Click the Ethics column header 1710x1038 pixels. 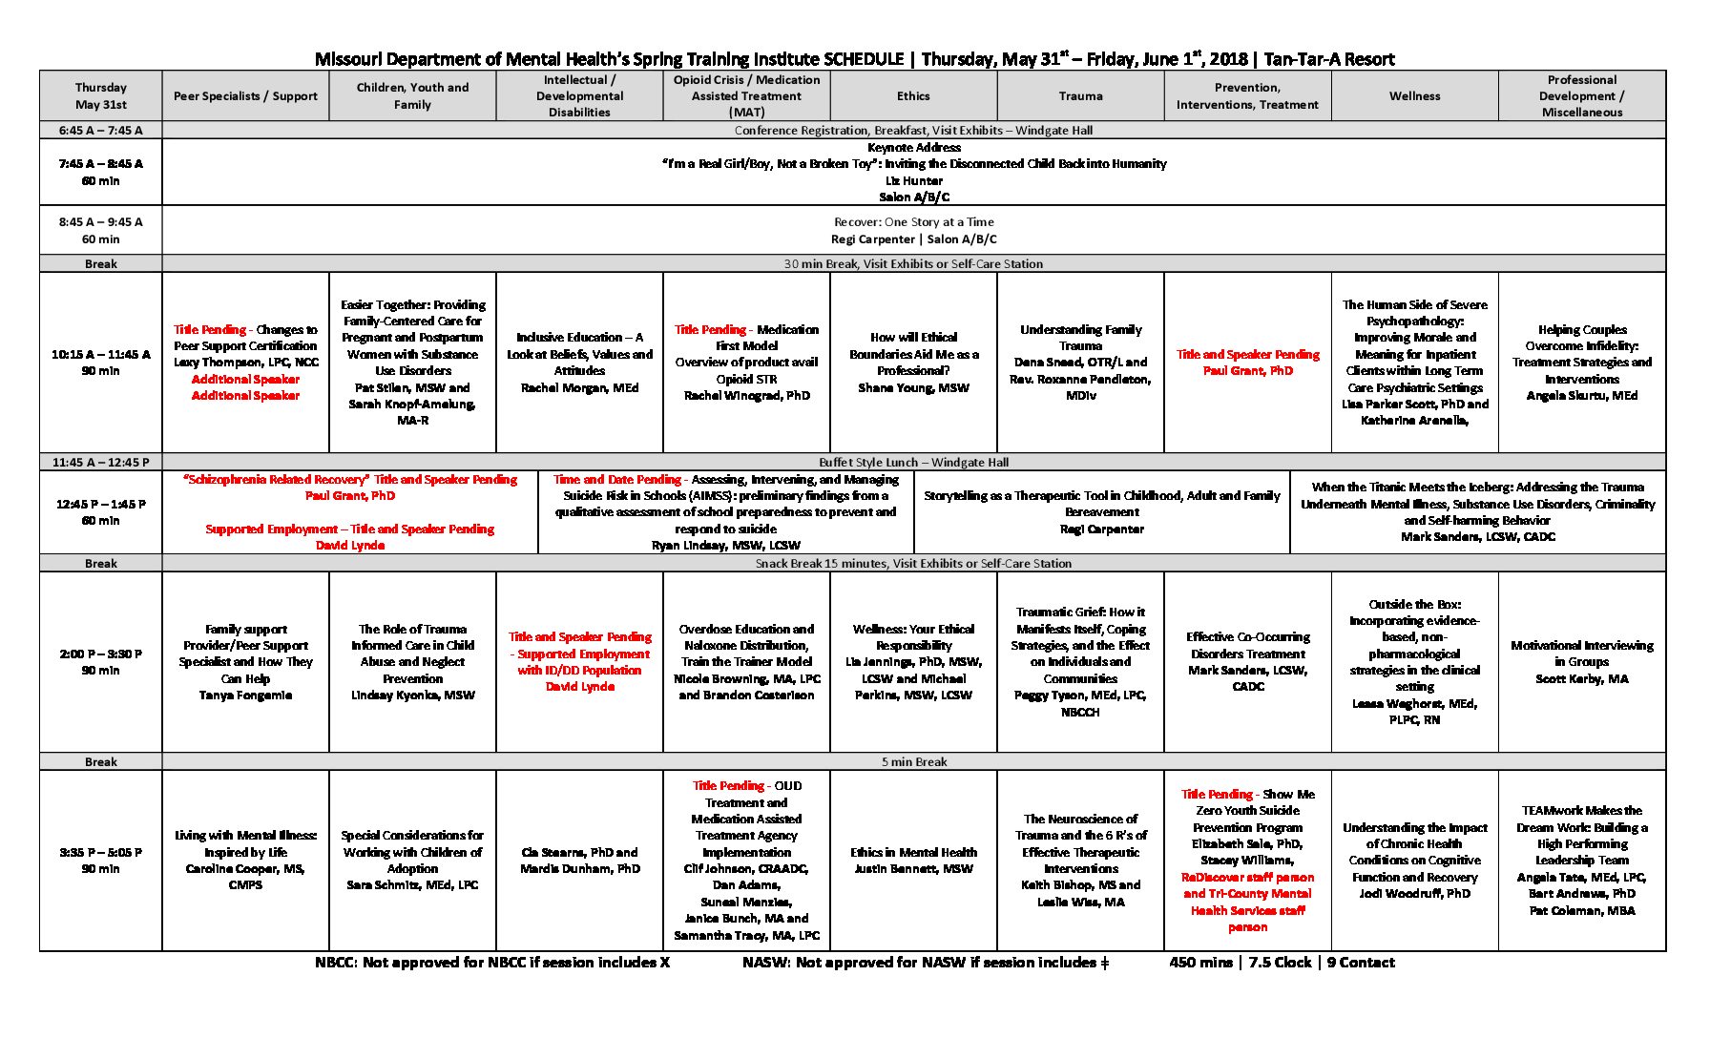tap(913, 96)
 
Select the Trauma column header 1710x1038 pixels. tap(1080, 96)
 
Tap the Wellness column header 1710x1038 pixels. tap(1414, 96)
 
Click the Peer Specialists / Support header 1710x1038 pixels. tap(245, 96)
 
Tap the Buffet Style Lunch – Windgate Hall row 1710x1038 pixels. tap(913, 463)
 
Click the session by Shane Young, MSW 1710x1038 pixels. tap(913, 363)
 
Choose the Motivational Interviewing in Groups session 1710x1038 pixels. tap(1581, 661)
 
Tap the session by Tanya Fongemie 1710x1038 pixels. tap(245, 661)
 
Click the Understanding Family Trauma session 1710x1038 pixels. tap(1080, 363)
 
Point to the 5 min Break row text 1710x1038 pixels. tap(913, 762)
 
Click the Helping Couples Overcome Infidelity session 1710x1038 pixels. tap(1581, 363)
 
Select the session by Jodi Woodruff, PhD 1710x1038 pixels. tap(1414, 860)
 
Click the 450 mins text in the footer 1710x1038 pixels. tap(1200, 963)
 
